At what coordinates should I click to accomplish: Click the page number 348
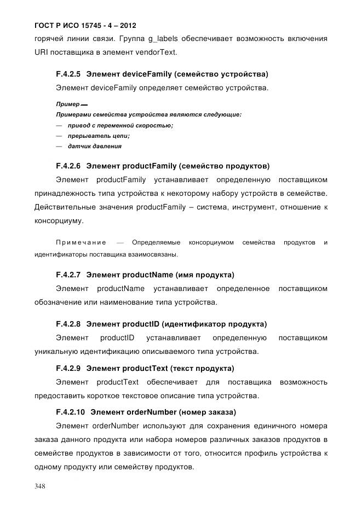coord(42,486)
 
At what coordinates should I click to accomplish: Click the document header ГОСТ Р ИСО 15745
coord(85,26)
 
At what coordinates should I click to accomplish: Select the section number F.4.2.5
coord(68,74)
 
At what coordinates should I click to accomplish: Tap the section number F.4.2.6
coord(68,166)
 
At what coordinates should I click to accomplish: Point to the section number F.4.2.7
coord(68,274)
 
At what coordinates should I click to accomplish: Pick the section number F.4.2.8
coord(68,323)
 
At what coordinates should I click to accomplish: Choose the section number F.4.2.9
coord(68,368)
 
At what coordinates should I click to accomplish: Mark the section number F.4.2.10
coord(70,412)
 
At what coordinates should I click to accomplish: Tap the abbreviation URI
coord(42,53)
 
